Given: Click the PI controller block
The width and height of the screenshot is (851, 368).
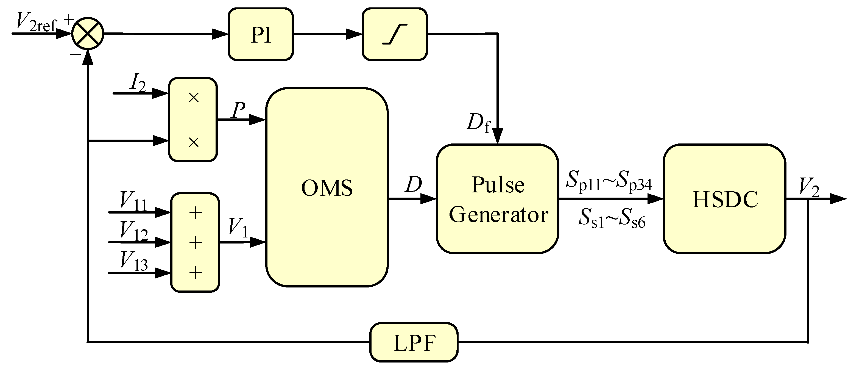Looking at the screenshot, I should pyautogui.click(x=260, y=34).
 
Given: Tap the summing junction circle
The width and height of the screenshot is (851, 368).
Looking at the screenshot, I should pyautogui.click(x=88, y=34).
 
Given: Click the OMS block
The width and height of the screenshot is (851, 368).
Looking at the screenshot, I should pyautogui.click(x=327, y=187).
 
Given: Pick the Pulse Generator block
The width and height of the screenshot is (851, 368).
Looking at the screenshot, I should pyautogui.click(x=498, y=199).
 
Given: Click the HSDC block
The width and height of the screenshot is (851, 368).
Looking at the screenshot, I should pyautogui.click(x=724, y=199).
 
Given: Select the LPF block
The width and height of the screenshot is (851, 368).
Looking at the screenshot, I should pyautogui.click(x=414, y=342).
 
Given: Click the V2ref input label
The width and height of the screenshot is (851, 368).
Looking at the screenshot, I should pyautogui.click(x=36, y=23).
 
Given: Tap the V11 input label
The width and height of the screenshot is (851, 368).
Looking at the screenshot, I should pyautogui.click(x=133, y=201).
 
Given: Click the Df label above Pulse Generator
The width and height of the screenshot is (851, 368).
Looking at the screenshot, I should pyautogui.click(x=478, y=123).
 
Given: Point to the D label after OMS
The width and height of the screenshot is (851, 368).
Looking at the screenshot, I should pyautogui.click(x=413, y=184).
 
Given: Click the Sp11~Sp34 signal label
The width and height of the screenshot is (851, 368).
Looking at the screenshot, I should pyautogui.click(x=609, y=181).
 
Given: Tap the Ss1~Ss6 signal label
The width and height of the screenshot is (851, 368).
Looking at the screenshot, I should pyautogui.click(x=612, y=218).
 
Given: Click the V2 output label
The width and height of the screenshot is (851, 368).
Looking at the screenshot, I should pyautogui.click(x=809, y=187).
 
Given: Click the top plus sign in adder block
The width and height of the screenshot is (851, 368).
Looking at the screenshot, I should pyautogui.click(x=196, y=213).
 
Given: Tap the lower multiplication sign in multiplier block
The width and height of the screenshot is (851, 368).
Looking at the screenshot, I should pyautogui.click(x=194, y=143).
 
